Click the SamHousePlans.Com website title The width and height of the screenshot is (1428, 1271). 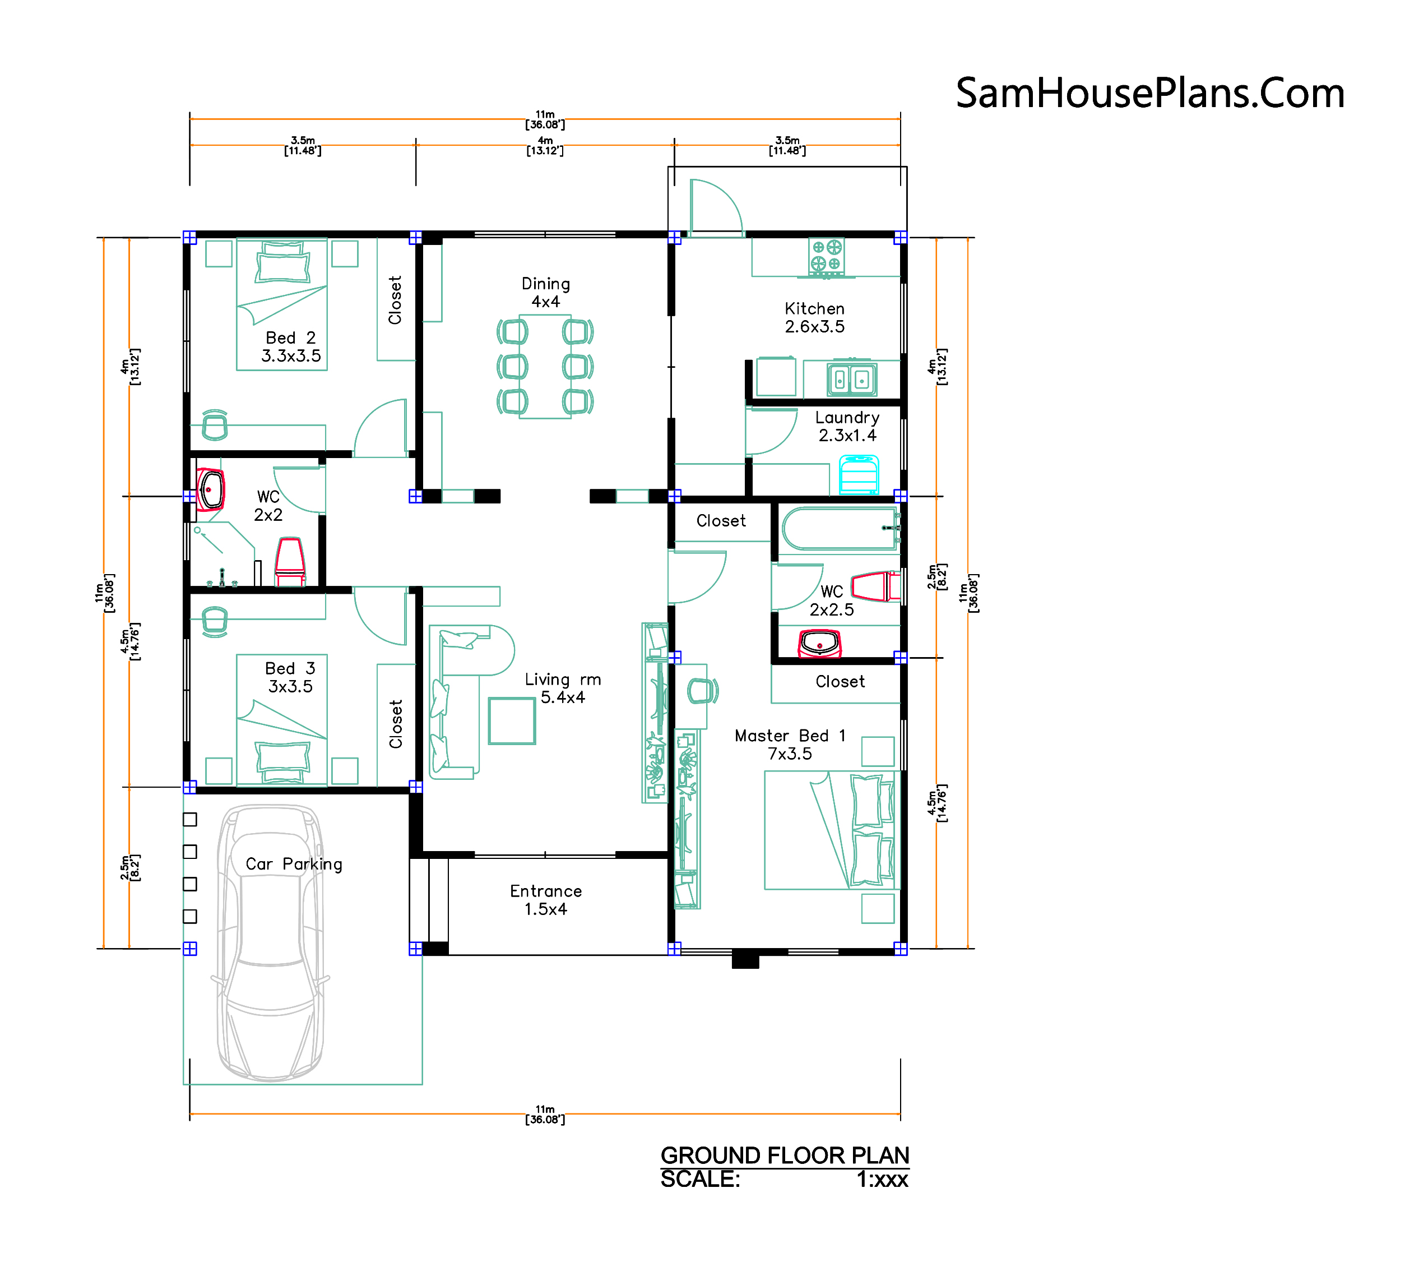coord(1150,94)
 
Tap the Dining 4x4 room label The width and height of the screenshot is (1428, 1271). coord(546,293)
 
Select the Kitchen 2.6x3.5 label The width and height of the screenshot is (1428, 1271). coord(815,317)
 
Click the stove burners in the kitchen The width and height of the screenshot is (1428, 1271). coord(827,256)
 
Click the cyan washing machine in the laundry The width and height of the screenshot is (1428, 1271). coord(859,474)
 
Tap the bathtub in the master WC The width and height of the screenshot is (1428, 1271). coord(841,529)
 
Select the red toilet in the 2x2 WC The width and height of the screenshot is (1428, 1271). coord(290,561)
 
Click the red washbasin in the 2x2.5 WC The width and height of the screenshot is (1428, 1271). coord(819,644)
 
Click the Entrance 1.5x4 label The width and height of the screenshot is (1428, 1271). coord(546,900)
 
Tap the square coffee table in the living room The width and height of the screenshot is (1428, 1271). coord(512,721)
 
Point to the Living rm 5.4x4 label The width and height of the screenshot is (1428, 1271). coord(563,688)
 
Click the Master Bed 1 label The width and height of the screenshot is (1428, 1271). coord(790,736)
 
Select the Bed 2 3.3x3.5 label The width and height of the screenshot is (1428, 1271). coord(291,346)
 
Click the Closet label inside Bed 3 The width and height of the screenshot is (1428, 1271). coord(396,724)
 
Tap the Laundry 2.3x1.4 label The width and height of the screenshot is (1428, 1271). coord(847,426)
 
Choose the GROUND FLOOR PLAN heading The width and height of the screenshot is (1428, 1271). coord(785,1156)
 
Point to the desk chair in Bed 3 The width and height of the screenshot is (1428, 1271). coord(215,622)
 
